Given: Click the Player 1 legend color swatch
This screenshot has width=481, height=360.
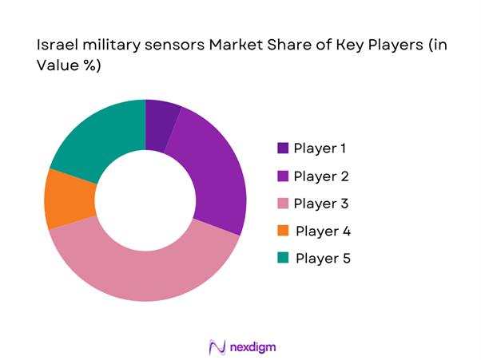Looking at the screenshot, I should pyautogui.click(x=282, y=148).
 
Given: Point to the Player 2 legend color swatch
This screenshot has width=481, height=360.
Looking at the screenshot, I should pyautogui.click(x=282, y=176).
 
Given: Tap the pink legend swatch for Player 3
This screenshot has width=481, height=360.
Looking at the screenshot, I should pyautogui.click(x=282, y=203).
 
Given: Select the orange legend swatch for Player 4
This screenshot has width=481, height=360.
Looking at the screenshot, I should pyautogui.click(x=282, y=231).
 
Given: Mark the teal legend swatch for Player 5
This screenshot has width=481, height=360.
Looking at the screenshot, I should pyautogui.click(x=282, y=258).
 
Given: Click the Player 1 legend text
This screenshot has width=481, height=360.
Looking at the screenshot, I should pyautogui.click(x=320, y=148).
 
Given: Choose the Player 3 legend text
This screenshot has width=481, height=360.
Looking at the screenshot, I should pyautogui.click(x=321, y=203).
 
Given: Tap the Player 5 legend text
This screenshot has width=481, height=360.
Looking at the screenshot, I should pyautogui.click(x=323, y=258).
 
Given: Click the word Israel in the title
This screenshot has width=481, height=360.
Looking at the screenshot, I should pyautogui.click(x=55, y=46).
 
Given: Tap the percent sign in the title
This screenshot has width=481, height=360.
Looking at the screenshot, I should pyautogui.click(x=88, y=66).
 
